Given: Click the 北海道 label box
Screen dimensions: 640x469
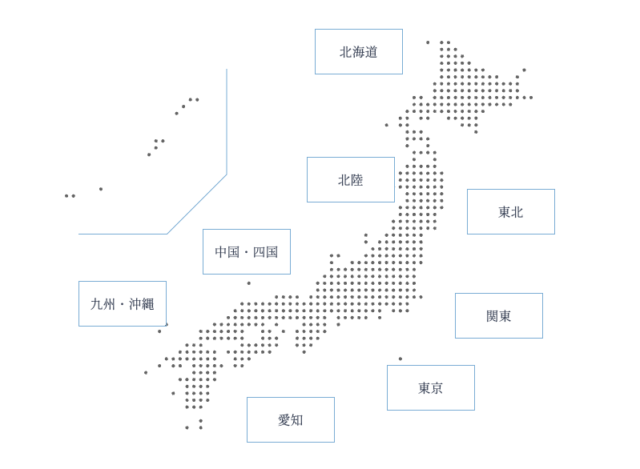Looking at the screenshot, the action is tap(358, 51).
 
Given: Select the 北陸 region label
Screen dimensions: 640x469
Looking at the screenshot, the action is tap(351, 180).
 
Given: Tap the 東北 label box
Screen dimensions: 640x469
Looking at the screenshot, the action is tap(511, 211).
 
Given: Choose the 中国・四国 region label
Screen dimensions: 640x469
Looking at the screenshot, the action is tap(247, 251).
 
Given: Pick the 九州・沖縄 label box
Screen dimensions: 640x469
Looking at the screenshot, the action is tap(122, 304).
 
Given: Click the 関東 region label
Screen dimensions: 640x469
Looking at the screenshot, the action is tap(499, 316).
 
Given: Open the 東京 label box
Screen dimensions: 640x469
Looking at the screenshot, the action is tap(431, 388).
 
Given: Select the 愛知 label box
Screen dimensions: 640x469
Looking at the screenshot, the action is tap(291, 420).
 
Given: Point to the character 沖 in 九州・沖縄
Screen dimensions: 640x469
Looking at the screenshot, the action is tap(135, 304).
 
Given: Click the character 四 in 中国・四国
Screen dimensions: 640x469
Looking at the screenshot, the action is tap(259, 252).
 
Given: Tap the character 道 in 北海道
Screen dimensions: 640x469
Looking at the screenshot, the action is tap(371, 52).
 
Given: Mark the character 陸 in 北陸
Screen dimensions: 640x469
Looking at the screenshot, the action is tap(357, 180).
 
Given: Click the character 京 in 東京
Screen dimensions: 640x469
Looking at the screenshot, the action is tap(437, 388).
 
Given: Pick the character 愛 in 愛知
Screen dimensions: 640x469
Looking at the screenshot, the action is tap(284, 420).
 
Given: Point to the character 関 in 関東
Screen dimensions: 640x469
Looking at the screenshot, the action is tap(492, 316).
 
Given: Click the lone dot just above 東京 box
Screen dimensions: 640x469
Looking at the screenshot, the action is tap(400, 359).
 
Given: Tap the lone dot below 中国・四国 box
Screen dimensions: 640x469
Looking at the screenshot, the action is tap(249, 283).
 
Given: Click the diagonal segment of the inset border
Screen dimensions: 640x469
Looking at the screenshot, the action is tap(197, 204).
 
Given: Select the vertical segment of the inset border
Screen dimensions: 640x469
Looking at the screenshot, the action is tap(227, 122).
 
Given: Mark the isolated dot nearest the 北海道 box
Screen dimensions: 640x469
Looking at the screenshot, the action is tap(428, 42).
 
